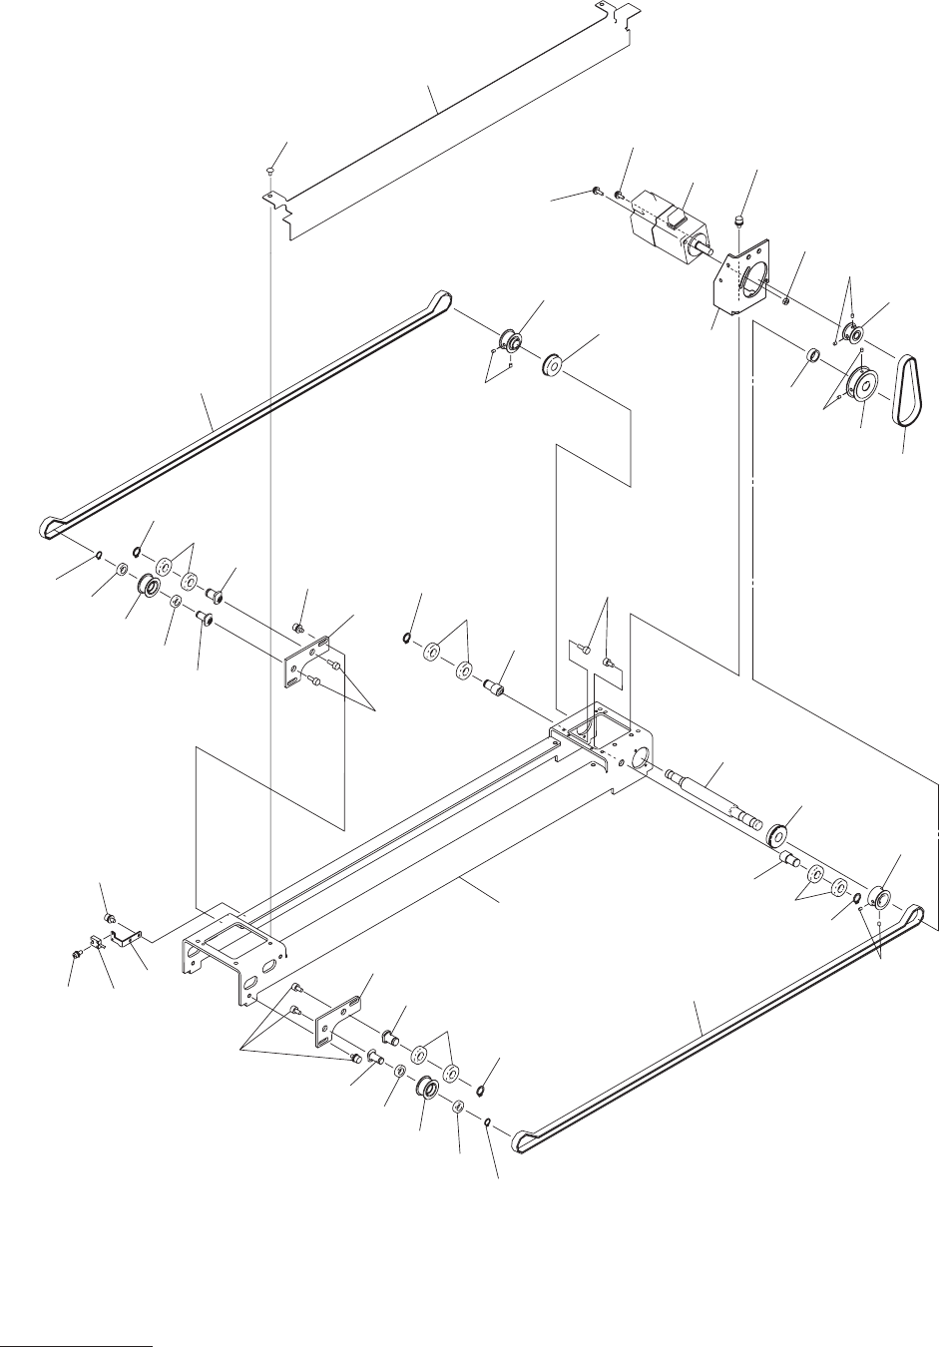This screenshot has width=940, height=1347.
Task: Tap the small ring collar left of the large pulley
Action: coord(812,354)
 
